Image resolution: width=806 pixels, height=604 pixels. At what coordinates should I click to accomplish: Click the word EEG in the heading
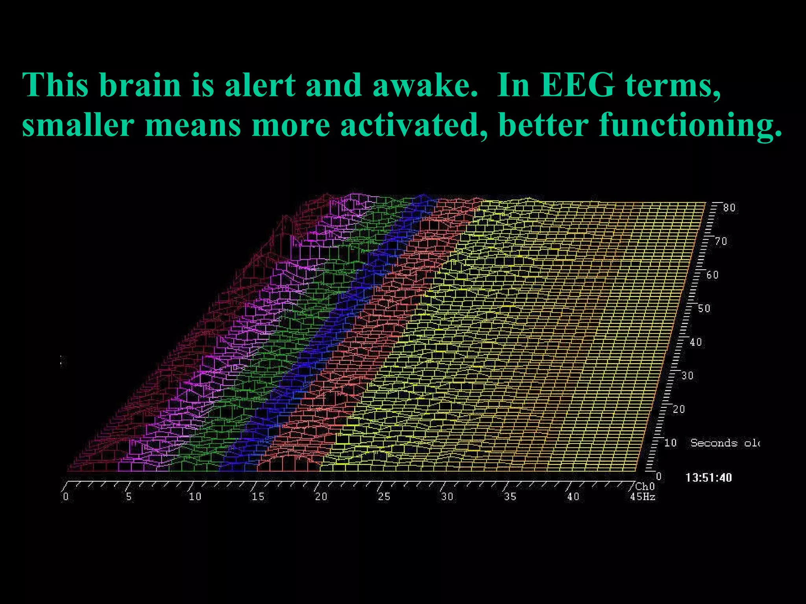coord(577,85)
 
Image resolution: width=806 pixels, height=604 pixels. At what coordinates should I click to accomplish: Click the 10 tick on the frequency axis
coord(195,497)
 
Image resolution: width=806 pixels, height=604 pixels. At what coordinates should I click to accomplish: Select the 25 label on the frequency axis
coord(384,497)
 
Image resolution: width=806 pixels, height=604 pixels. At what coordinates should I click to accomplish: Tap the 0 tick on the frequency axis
coord(66,497)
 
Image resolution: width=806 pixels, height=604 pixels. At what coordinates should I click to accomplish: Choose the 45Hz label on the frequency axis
coord(642,497)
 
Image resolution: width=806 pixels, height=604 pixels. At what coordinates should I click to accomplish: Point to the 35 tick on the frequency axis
coord(510,497)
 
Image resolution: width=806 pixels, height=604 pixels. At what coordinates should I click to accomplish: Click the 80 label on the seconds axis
coord(729,208)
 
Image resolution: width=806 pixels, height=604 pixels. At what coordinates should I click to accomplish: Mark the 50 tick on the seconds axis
coord(704,309)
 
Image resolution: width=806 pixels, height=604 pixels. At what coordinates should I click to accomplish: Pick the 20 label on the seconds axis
coord(679,409)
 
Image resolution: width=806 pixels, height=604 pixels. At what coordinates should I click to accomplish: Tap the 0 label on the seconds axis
coord(658,477)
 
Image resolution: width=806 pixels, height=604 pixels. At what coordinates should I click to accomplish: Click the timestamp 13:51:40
coord(708,478)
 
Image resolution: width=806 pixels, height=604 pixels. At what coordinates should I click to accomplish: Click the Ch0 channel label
coord(645,487)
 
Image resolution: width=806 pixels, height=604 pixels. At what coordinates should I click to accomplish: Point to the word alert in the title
coord(260,85)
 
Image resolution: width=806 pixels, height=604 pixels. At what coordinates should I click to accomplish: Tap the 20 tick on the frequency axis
coord(321,497)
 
